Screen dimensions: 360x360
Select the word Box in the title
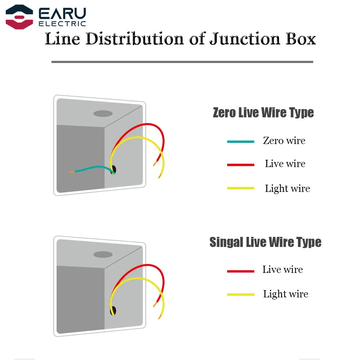(x=299, y=39)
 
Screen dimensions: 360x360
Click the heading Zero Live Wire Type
(x=263, y=113)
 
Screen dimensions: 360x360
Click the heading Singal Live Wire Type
(x=265, y=242)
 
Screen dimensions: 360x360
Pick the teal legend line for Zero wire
(x=240, y=141)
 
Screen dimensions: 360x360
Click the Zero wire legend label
(x=284, y=140)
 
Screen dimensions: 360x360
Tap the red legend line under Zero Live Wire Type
(x=240, y=165)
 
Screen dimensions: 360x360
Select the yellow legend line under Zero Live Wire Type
(x=240, y=188)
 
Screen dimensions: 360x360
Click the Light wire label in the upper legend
(x=287, y=188)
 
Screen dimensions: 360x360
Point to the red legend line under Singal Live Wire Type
(x=240, y=271)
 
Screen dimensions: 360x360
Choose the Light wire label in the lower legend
(x=285, y=294)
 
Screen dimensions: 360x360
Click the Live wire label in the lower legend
(x=283, y=269)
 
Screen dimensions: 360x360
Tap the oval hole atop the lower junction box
(x=103, y=255)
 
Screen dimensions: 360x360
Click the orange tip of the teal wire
(x=72, y=172)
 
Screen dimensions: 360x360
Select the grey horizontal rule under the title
(x=182, y=62)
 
